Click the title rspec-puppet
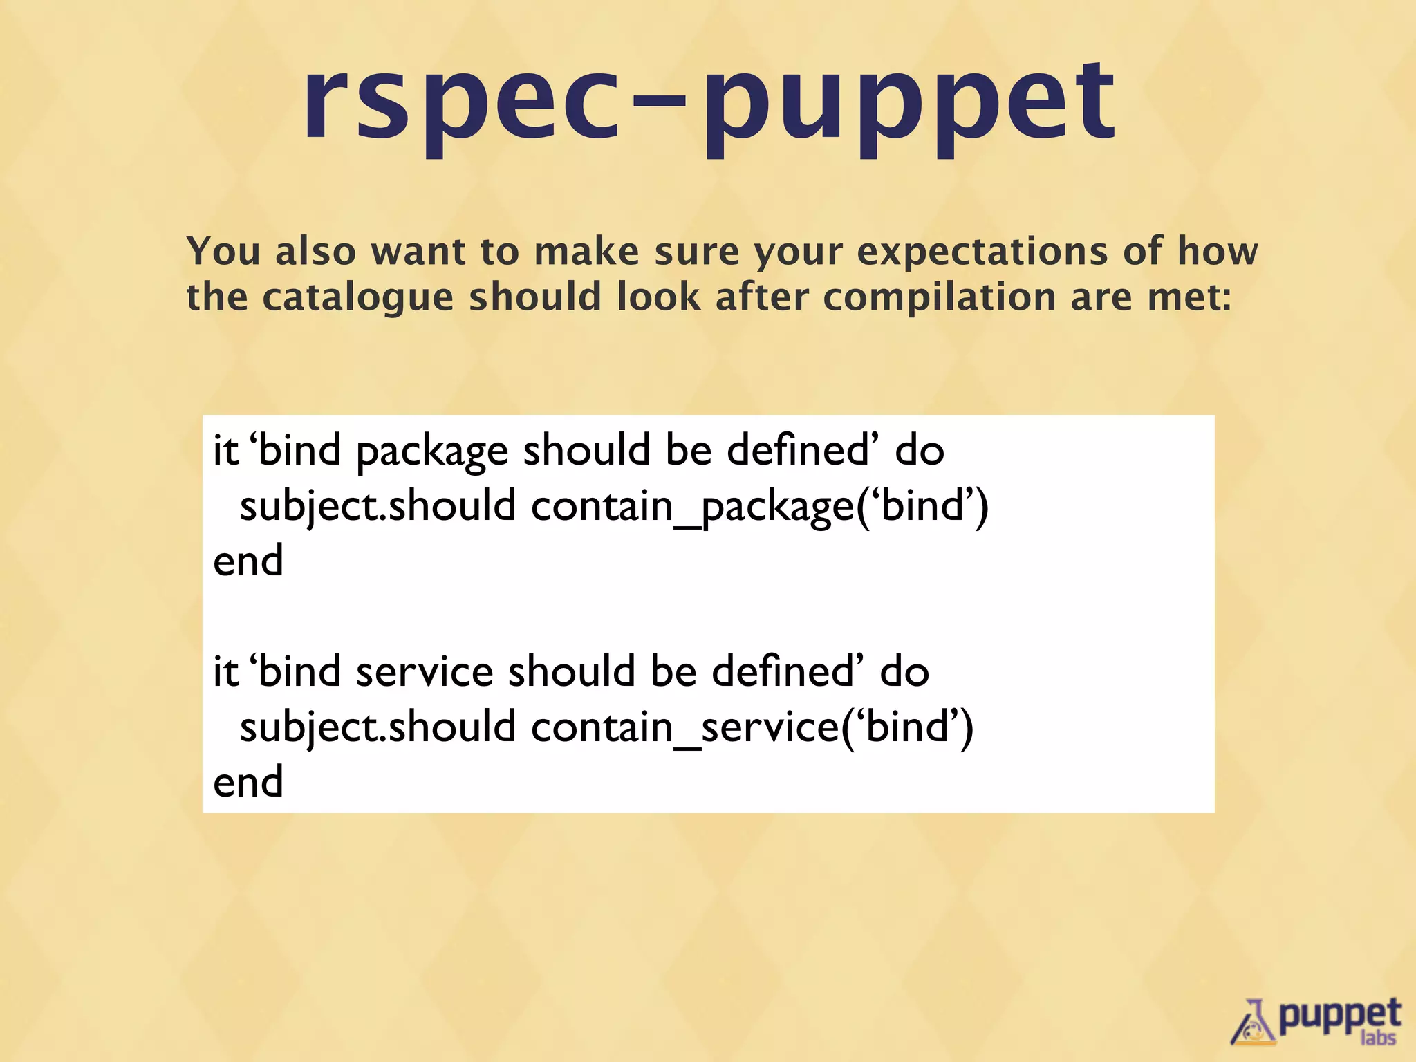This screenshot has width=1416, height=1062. click(709, 104)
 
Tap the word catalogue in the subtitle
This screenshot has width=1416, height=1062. click(357, 297)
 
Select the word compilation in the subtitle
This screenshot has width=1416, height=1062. click(939, 297)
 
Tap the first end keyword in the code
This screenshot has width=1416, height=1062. click(248, 561)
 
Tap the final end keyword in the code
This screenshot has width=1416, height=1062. click(248, 782)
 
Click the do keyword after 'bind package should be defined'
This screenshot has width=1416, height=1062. click(920, 451)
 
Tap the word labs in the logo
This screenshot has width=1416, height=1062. click(1378, 1038)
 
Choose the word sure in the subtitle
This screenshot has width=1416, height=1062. click(697, 251)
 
